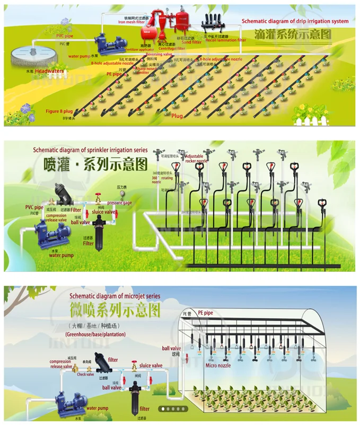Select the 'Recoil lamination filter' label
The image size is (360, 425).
tap(225, 40)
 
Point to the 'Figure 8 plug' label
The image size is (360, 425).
tap(59, 111)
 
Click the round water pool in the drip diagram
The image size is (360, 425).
tap(24, 55)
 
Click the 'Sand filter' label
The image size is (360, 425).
tap(192, 42)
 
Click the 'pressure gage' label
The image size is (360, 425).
tap(120, 203)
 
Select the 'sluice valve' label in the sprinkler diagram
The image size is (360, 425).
tap(103, 212)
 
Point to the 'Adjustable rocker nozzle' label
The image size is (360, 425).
tap(196, 159)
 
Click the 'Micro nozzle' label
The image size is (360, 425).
tap(218, 366)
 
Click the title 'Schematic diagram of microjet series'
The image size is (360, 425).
tap(115, 296)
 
